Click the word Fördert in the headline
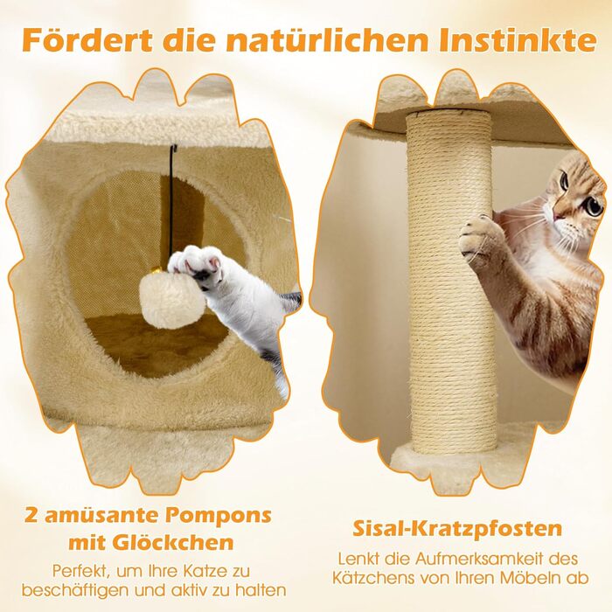tap(87, 39)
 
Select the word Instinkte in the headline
tap(518, 39)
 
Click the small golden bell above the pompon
tap(156, 269)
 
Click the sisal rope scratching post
tap(451, 281)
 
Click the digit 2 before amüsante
tap(31, 516)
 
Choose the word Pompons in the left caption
tap(218, 516)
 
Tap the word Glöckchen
tap(173, 542)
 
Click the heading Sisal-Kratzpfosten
tap(457, 529)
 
